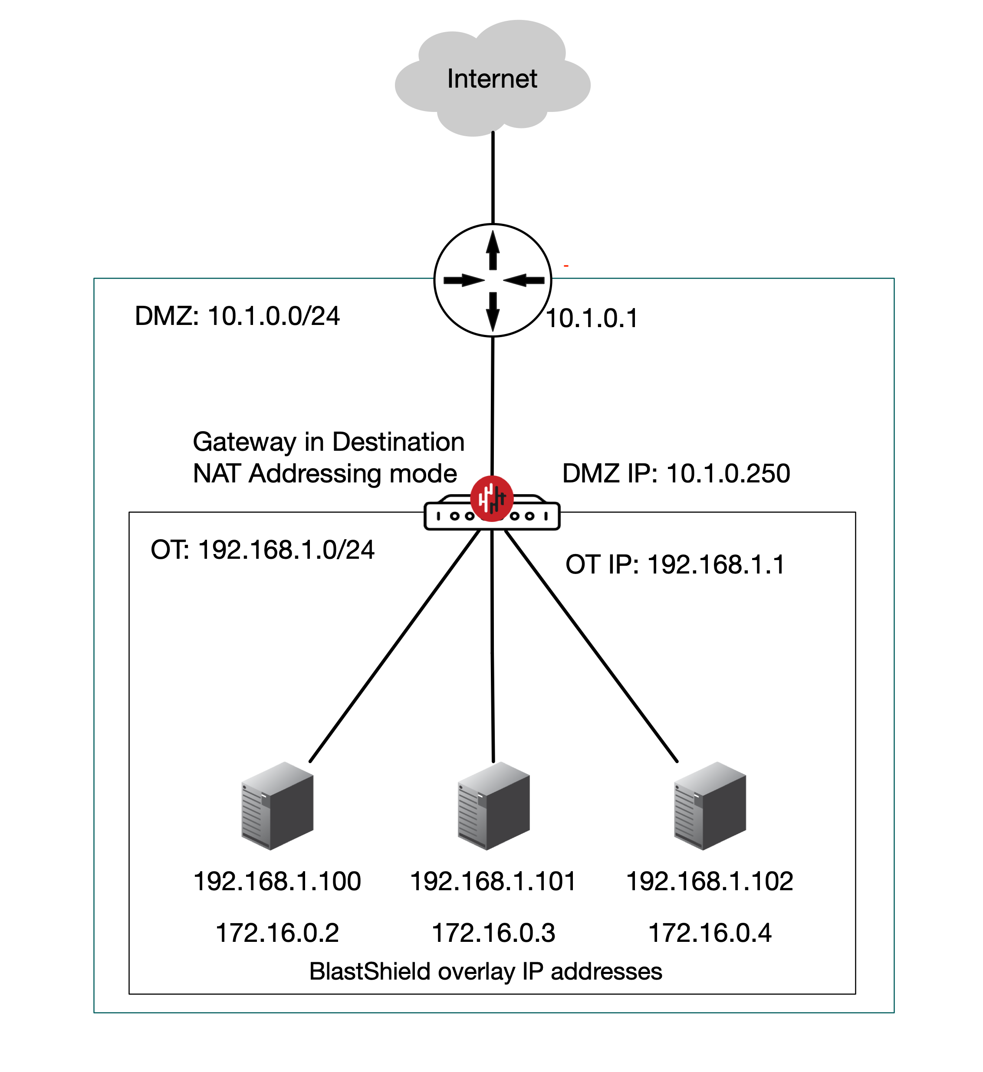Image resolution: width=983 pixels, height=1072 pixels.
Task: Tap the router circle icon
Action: (x=493, y=280)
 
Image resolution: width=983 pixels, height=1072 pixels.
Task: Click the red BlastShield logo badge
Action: (x=491, y=498)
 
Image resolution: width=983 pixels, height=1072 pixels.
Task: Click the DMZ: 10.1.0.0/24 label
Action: (x=237, y=316)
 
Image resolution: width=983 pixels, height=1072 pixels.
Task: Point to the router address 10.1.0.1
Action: (x=592, y=318)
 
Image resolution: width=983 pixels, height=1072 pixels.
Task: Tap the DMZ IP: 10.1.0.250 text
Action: (x=676, y=473)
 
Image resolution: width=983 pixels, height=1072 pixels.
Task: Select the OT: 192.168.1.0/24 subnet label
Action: (x=263, y=549)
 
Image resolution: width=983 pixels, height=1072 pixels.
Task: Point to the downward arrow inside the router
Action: (x=493, y=311)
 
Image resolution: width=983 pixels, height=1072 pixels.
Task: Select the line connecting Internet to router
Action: (x=493, y=178)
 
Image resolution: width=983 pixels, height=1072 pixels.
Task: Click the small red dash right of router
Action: (x=566, y=266)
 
